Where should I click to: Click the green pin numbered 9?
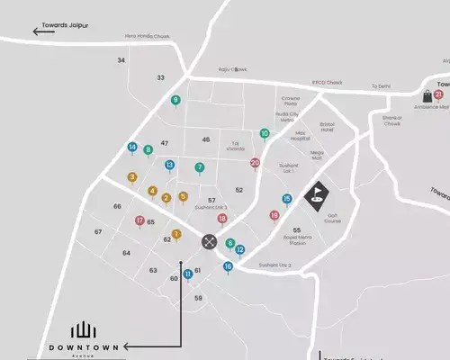point(175,100)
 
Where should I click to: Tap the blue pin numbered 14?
point(132,148)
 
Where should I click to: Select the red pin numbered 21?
point(438,94)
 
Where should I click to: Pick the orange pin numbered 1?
point(176,234)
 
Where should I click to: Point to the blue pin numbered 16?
point(228,266)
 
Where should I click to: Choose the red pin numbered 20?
point(255,163)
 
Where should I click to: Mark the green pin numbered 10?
point(265,133)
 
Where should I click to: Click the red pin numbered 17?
point(139,220)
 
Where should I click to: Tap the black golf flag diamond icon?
point(316,195)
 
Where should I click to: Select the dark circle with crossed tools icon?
point(209,240)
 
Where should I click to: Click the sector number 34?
point(121,60)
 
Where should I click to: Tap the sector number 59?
point(198,298)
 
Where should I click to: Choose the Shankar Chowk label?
point(392,121)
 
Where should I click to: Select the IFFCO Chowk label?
point(328,83)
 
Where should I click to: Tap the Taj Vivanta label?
point(235,147)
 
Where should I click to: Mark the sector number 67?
point(98,232)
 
